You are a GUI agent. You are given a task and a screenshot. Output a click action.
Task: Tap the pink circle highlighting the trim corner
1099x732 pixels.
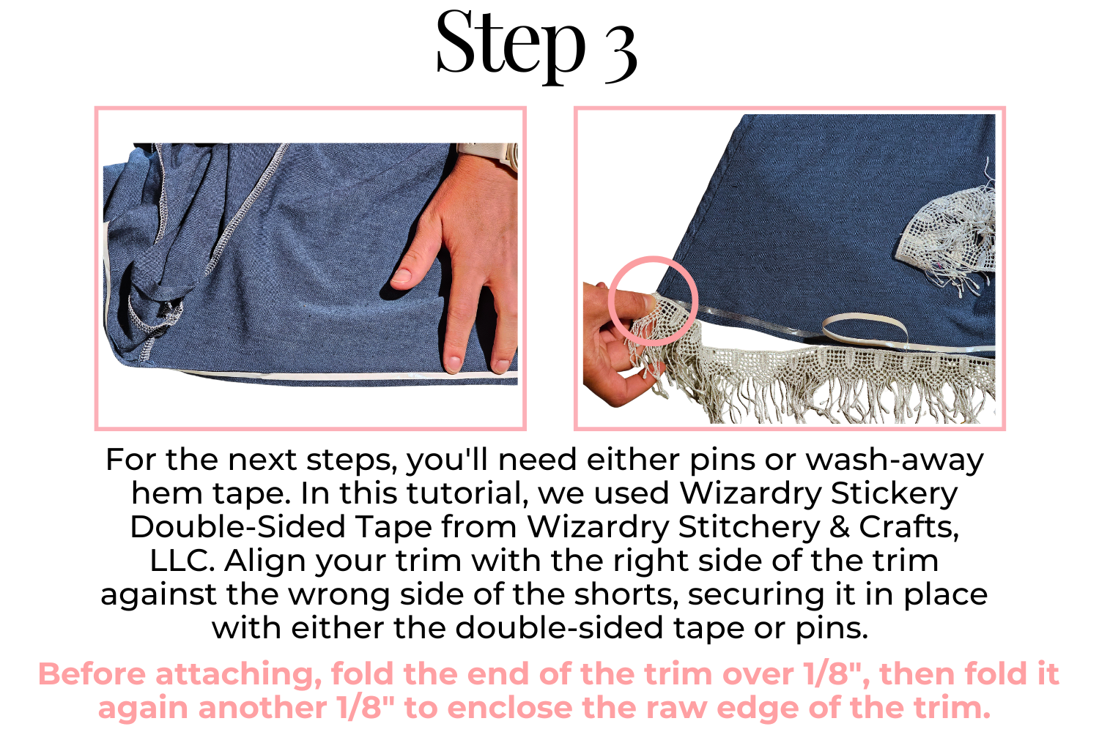pyautogui.click(x=653, y=258)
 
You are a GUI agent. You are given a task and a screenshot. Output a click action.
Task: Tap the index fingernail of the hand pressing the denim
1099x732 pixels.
pyautogui.click(x=402, y=275)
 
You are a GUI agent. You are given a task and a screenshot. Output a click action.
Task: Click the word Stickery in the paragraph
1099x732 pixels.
pyautogui.click(x=894, y=493)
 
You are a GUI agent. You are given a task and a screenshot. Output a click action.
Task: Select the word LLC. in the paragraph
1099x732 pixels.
pyautogui.click(x=182, y=560)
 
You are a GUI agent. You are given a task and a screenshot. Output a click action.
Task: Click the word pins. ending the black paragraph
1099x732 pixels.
pyautogui.click(x=832, y=629)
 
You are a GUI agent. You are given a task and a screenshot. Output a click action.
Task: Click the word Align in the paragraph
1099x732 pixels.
pyautogui.click(x=265, y=561)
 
